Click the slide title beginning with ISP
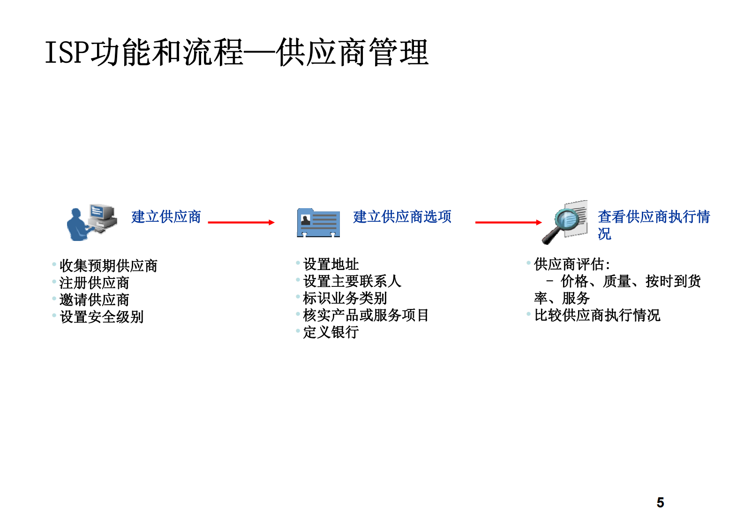pos(237,52)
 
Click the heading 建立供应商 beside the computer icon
pos(166,217)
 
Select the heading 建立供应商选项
pos(402,217)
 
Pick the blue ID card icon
pos(318,223)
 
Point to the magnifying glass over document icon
pos(565,222)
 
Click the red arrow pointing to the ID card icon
pos(241,222)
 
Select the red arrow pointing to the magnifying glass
pos(508,222)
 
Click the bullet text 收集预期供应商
pos(108,266)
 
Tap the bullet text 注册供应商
pos(94,283)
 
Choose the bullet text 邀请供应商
pos(94,300)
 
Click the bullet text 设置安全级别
pos(101,317)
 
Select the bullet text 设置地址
pos(331,264)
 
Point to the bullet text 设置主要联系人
pos(352,281)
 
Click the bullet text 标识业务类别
pos(345,298)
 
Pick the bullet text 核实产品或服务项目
pos(366,315)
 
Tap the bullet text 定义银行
pos(331,332)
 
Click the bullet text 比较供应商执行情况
pos(597,315)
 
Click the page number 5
pos(660,503)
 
